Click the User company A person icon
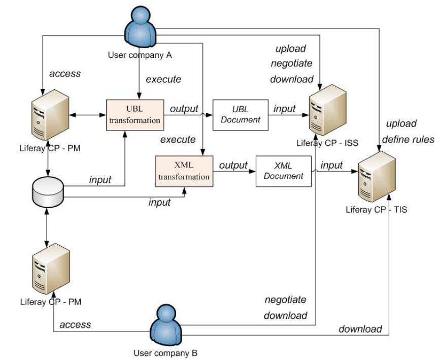click(x=140, y=27)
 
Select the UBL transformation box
click(x=135, y=115)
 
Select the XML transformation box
click(x=184, y=171)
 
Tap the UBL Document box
click(x=241, y=115)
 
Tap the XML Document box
click(x=283, y=171)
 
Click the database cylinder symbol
click(x=48, y=192)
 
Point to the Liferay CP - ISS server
click(x=327, y=110)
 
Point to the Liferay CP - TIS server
click(x=377, y=177)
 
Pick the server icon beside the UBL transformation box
click(x=50, y=115)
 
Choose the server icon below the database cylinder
click(x=51, y=269)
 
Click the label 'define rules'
click(x=408, y=140)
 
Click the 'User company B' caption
click(x=165, y=353)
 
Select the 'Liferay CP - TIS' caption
click(x=376, y=210)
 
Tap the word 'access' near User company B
click(x=75, y=324)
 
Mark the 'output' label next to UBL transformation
click(x=184, y=109)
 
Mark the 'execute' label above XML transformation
click(x=178, y=140)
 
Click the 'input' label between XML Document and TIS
click(x=331, y=165)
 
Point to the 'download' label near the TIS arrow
click(x=360, y=329)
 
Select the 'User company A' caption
click(x=140, y=55)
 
